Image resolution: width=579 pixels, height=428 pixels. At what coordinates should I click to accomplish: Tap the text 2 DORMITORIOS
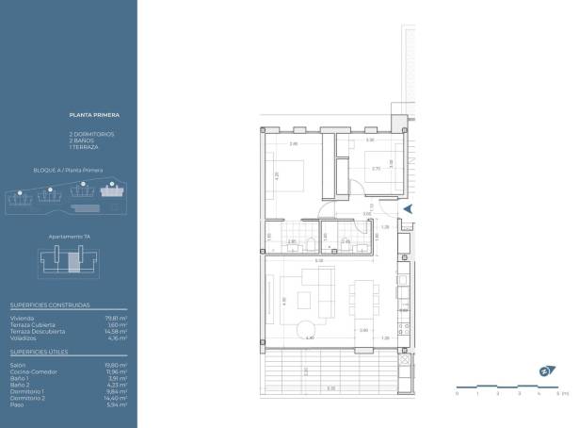pos(91,134)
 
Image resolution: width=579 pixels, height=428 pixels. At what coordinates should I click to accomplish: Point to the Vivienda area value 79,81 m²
pos(117,318)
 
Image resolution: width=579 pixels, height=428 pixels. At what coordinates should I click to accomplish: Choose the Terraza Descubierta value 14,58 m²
pos(116,331)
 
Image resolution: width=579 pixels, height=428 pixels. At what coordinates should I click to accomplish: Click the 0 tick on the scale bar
pos(457,392)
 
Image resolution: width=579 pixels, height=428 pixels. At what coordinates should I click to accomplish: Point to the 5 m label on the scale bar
pos(558,392)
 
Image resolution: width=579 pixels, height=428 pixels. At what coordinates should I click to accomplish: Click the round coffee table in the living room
pos(309,327)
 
